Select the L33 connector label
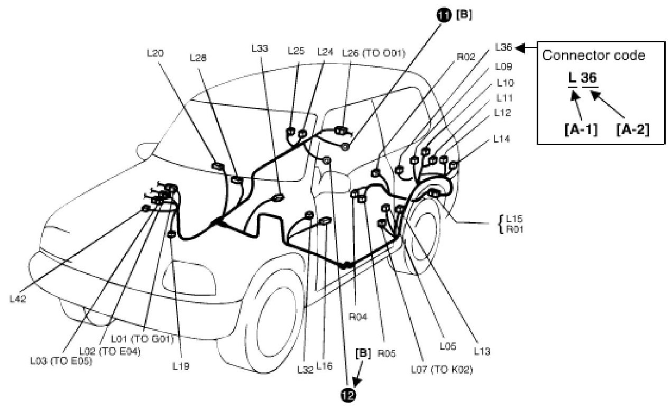click(260, 48)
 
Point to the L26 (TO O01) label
click(373, 52)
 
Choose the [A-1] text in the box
click(581, 128)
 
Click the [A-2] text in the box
click(632, 128)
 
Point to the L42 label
click(19, 298)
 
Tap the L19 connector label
click(181, 365)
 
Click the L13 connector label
click(482, 351)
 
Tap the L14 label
click(501, 139)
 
